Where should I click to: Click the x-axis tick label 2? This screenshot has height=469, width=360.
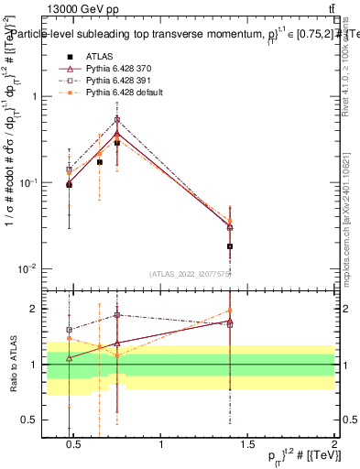coord(333,444)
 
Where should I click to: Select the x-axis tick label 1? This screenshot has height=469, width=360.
coord(161,444)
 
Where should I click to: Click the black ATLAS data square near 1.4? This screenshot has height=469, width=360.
coord(230,246)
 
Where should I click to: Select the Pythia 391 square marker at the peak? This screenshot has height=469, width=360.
coord(117,119)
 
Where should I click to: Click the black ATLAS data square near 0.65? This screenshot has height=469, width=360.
coord(100,162)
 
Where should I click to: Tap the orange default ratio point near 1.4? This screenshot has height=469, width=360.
coord(230,311)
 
